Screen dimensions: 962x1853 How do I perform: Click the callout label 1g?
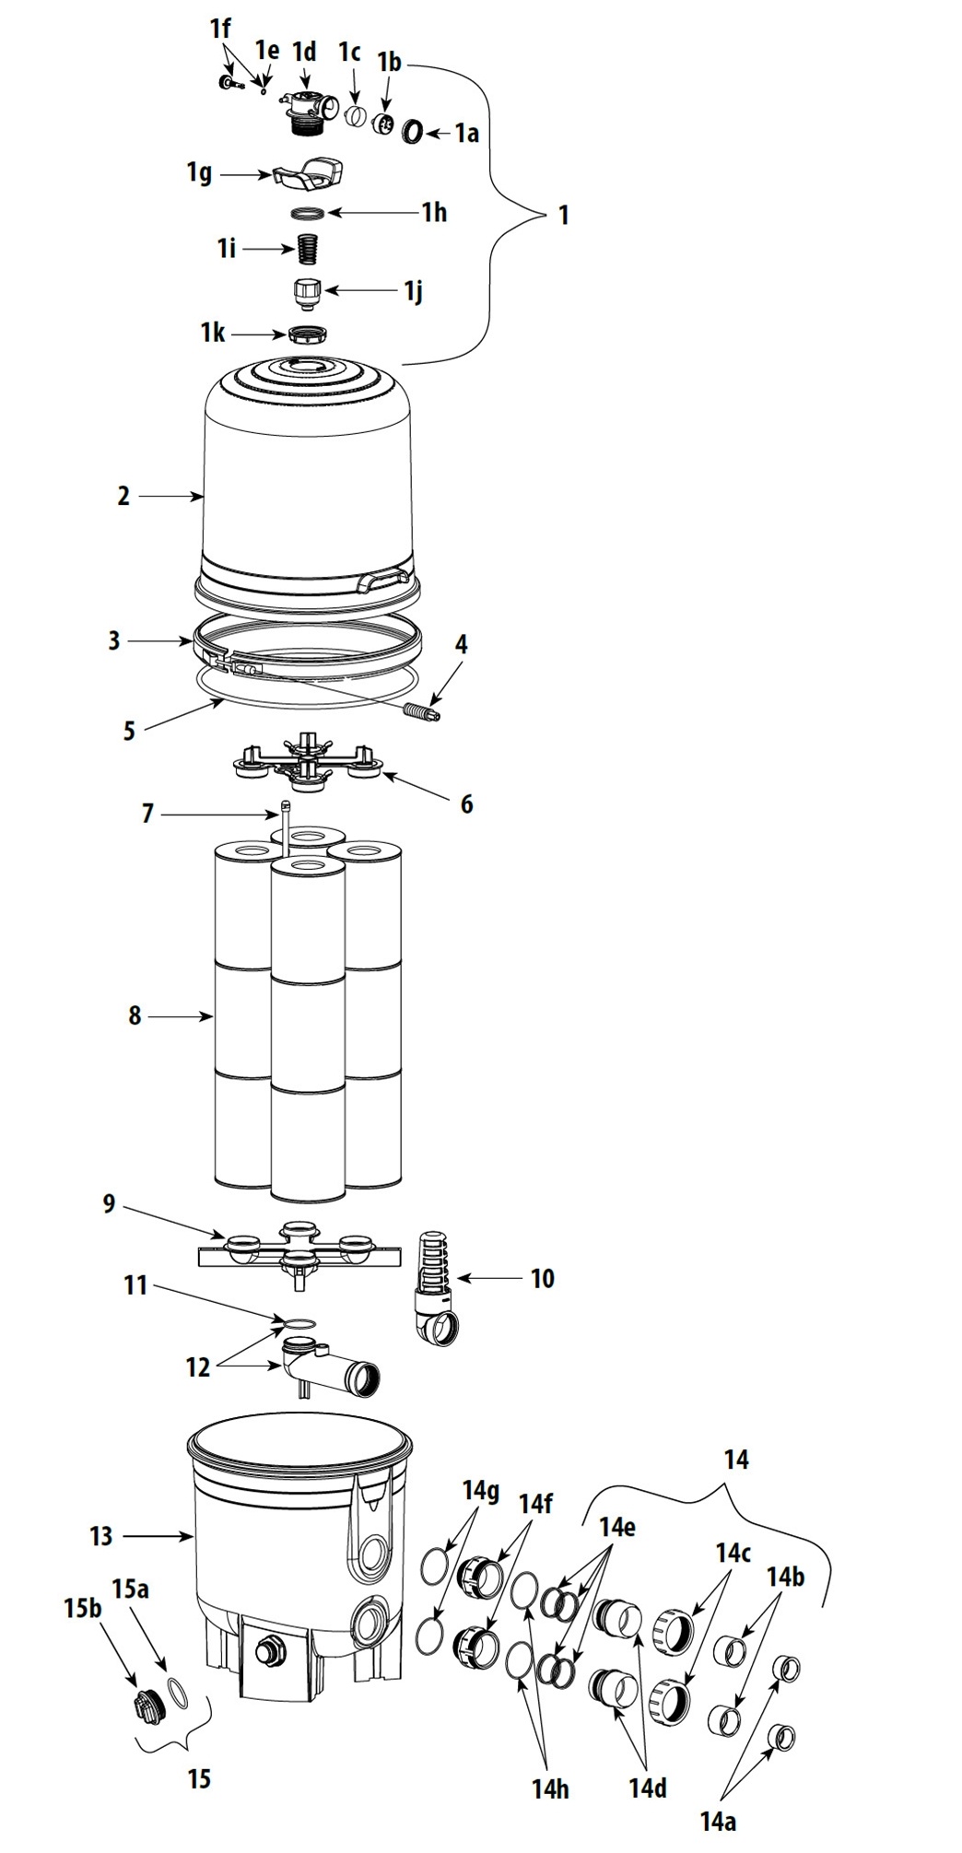pyautogui.click(x=200, y=172)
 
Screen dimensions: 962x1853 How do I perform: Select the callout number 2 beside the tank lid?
pyautogui.click(x=123, y=496)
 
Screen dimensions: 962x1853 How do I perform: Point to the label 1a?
pyautogui.click(x=467, y=134)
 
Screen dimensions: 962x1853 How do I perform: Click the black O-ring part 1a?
pyautogui.click(x=413, y=132)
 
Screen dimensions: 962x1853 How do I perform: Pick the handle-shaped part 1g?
pyautogui.click(x=309, y=171)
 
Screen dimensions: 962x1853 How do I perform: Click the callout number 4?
pyautogui.click(x=462, y=644)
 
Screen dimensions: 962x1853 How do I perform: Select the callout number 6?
pyautogui.click(x=467, y=804)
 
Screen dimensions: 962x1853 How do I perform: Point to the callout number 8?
pyautogui.click(x=135, y=1015)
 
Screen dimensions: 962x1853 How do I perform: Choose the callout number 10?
pyautogui.click(x=542, y=1278)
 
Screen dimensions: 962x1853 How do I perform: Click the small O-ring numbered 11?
pyautogui.click(x=297, y=1324)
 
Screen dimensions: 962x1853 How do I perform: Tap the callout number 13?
pyautogui.click(x=100, y=1536)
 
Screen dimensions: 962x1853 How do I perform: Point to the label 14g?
pyautogui.click(x=480, y=1490)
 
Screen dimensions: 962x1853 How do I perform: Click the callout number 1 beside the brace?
pyautogui.click(x=563, y=216)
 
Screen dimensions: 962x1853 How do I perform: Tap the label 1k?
pyautogui.click(x=213, y=333)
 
